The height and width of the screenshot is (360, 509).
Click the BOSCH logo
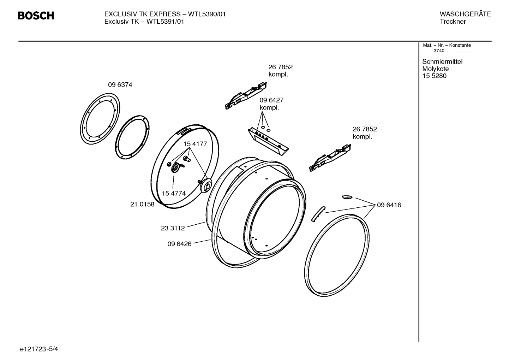pos(36,16)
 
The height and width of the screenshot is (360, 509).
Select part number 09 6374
pos(120,85)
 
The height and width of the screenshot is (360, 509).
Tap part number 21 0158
pos(142,204)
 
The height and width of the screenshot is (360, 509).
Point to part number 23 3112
pos(173,228)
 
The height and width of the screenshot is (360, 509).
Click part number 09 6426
pos(179,244)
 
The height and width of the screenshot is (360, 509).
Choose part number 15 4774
pos(174,193)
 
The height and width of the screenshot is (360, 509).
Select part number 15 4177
pos(195,144)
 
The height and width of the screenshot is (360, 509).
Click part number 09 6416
pos(389,205)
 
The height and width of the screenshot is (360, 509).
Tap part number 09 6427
pos(271,100)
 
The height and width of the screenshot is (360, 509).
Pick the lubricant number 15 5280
pos(434,76)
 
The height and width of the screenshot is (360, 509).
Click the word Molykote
pos(436,69)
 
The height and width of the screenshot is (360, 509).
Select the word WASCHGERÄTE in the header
pos(465,14)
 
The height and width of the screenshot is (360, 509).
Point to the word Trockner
pos(453,22)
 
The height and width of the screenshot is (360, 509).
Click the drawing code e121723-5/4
pos(39,349)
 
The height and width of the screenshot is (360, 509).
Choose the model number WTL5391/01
pos(165,22)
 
